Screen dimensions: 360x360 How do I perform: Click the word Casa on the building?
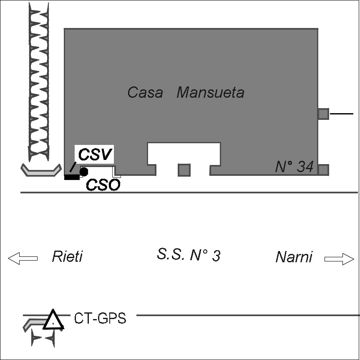point(145,92)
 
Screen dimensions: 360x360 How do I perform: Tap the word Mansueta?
point(210,92)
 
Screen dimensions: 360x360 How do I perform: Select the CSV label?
point(96,155)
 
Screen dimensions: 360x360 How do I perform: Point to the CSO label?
point(103,185)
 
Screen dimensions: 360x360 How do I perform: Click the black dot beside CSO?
point(84,171)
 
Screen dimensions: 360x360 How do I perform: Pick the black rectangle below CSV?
point(72,177)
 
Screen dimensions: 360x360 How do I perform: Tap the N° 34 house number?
point(294,167)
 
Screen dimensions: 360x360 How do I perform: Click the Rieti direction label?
point(67,256)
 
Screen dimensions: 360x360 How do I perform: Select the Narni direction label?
point(294,257)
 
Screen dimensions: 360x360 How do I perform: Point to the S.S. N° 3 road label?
point(189,255)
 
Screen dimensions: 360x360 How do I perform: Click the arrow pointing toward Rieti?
point(23,259)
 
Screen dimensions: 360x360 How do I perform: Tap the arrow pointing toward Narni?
point(339,259)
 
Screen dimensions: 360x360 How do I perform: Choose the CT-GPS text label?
point(100,319)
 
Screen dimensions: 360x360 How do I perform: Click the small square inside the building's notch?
point(184,170)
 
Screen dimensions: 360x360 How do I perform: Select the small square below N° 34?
point(323,170)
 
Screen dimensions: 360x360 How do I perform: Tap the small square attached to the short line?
point(323,114)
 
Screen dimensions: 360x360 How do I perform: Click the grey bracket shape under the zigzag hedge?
point(39,170)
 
